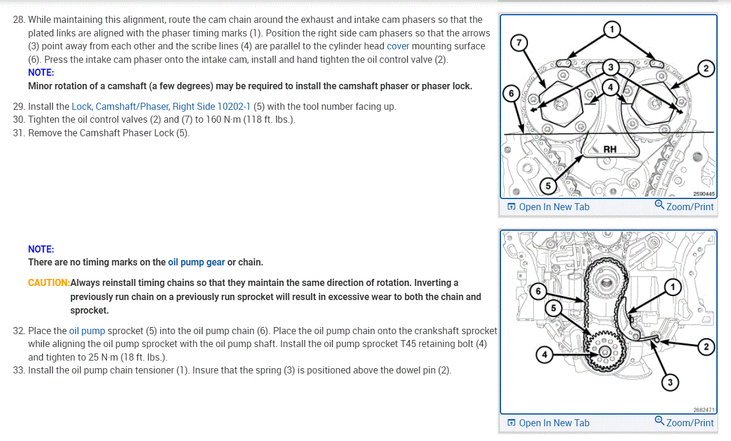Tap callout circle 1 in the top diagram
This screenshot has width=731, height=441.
click(612, 29)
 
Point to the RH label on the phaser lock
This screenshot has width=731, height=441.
click(610, 149)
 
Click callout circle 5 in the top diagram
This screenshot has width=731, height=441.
click(548, 186)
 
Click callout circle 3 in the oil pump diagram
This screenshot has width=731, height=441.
click(671, 383)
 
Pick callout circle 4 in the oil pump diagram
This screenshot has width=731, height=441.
click(544, 355)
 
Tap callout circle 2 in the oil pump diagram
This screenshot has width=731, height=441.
click(706, 347)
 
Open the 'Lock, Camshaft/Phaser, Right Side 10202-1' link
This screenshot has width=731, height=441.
click(161, 106)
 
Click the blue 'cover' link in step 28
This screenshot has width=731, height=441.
click(398, 46)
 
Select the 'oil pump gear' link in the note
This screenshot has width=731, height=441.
click(196, 262)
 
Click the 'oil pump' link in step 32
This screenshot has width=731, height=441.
click(87, 331)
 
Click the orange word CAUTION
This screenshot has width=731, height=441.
click(49, 282)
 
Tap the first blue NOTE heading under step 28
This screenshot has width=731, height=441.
click(41, 73)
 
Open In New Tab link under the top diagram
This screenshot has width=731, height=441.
click(548, 207)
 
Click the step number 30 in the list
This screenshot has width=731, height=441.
click(18, 120)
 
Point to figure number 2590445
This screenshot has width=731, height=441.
click(703, 193)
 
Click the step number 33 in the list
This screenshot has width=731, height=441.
click(18, 371)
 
